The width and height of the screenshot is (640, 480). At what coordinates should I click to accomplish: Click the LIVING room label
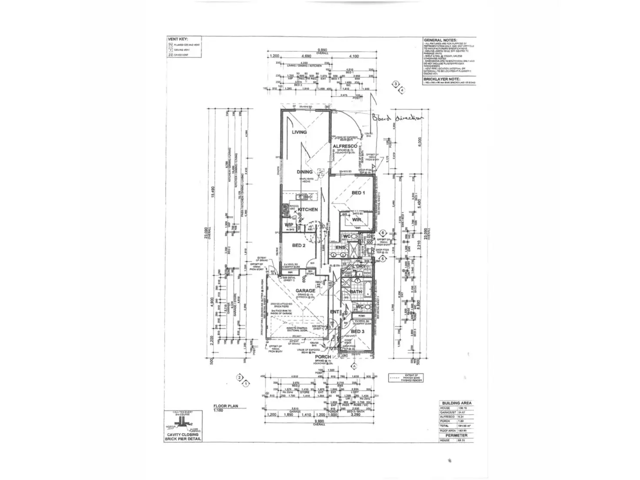coord(299,132)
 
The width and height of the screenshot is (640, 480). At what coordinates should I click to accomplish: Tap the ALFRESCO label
coord(345,146)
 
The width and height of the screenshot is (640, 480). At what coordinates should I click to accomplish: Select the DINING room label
coord(304,172)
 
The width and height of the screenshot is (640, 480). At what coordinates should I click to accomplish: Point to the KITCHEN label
coord(307,209)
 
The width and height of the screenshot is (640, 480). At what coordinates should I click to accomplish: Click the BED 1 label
coord(358,192)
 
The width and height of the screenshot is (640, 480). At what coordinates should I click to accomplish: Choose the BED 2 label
coord(298,245)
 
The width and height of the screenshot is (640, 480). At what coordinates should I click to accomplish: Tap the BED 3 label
coord(358,331)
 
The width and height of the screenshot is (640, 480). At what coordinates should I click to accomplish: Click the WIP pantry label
coord(289,225)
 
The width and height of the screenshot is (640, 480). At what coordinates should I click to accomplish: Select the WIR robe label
coord(357,220)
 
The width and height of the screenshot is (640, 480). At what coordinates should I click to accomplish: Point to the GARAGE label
coord(305,291)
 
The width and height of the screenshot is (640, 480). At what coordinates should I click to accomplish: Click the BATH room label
coord(356,292)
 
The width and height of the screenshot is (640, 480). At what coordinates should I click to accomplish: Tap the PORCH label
coord(323,357)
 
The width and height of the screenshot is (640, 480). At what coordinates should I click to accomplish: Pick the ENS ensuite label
coord(340,248)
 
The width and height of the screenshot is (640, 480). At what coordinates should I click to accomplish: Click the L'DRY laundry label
coord(359,266)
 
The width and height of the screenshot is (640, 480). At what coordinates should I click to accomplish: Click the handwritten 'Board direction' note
coord(397,118)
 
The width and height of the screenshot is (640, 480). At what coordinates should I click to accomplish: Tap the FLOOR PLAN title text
coord(223,406)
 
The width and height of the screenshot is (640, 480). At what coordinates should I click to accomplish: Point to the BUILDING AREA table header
coord(457,403)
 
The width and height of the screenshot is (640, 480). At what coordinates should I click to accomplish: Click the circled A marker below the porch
coord(354,366)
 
